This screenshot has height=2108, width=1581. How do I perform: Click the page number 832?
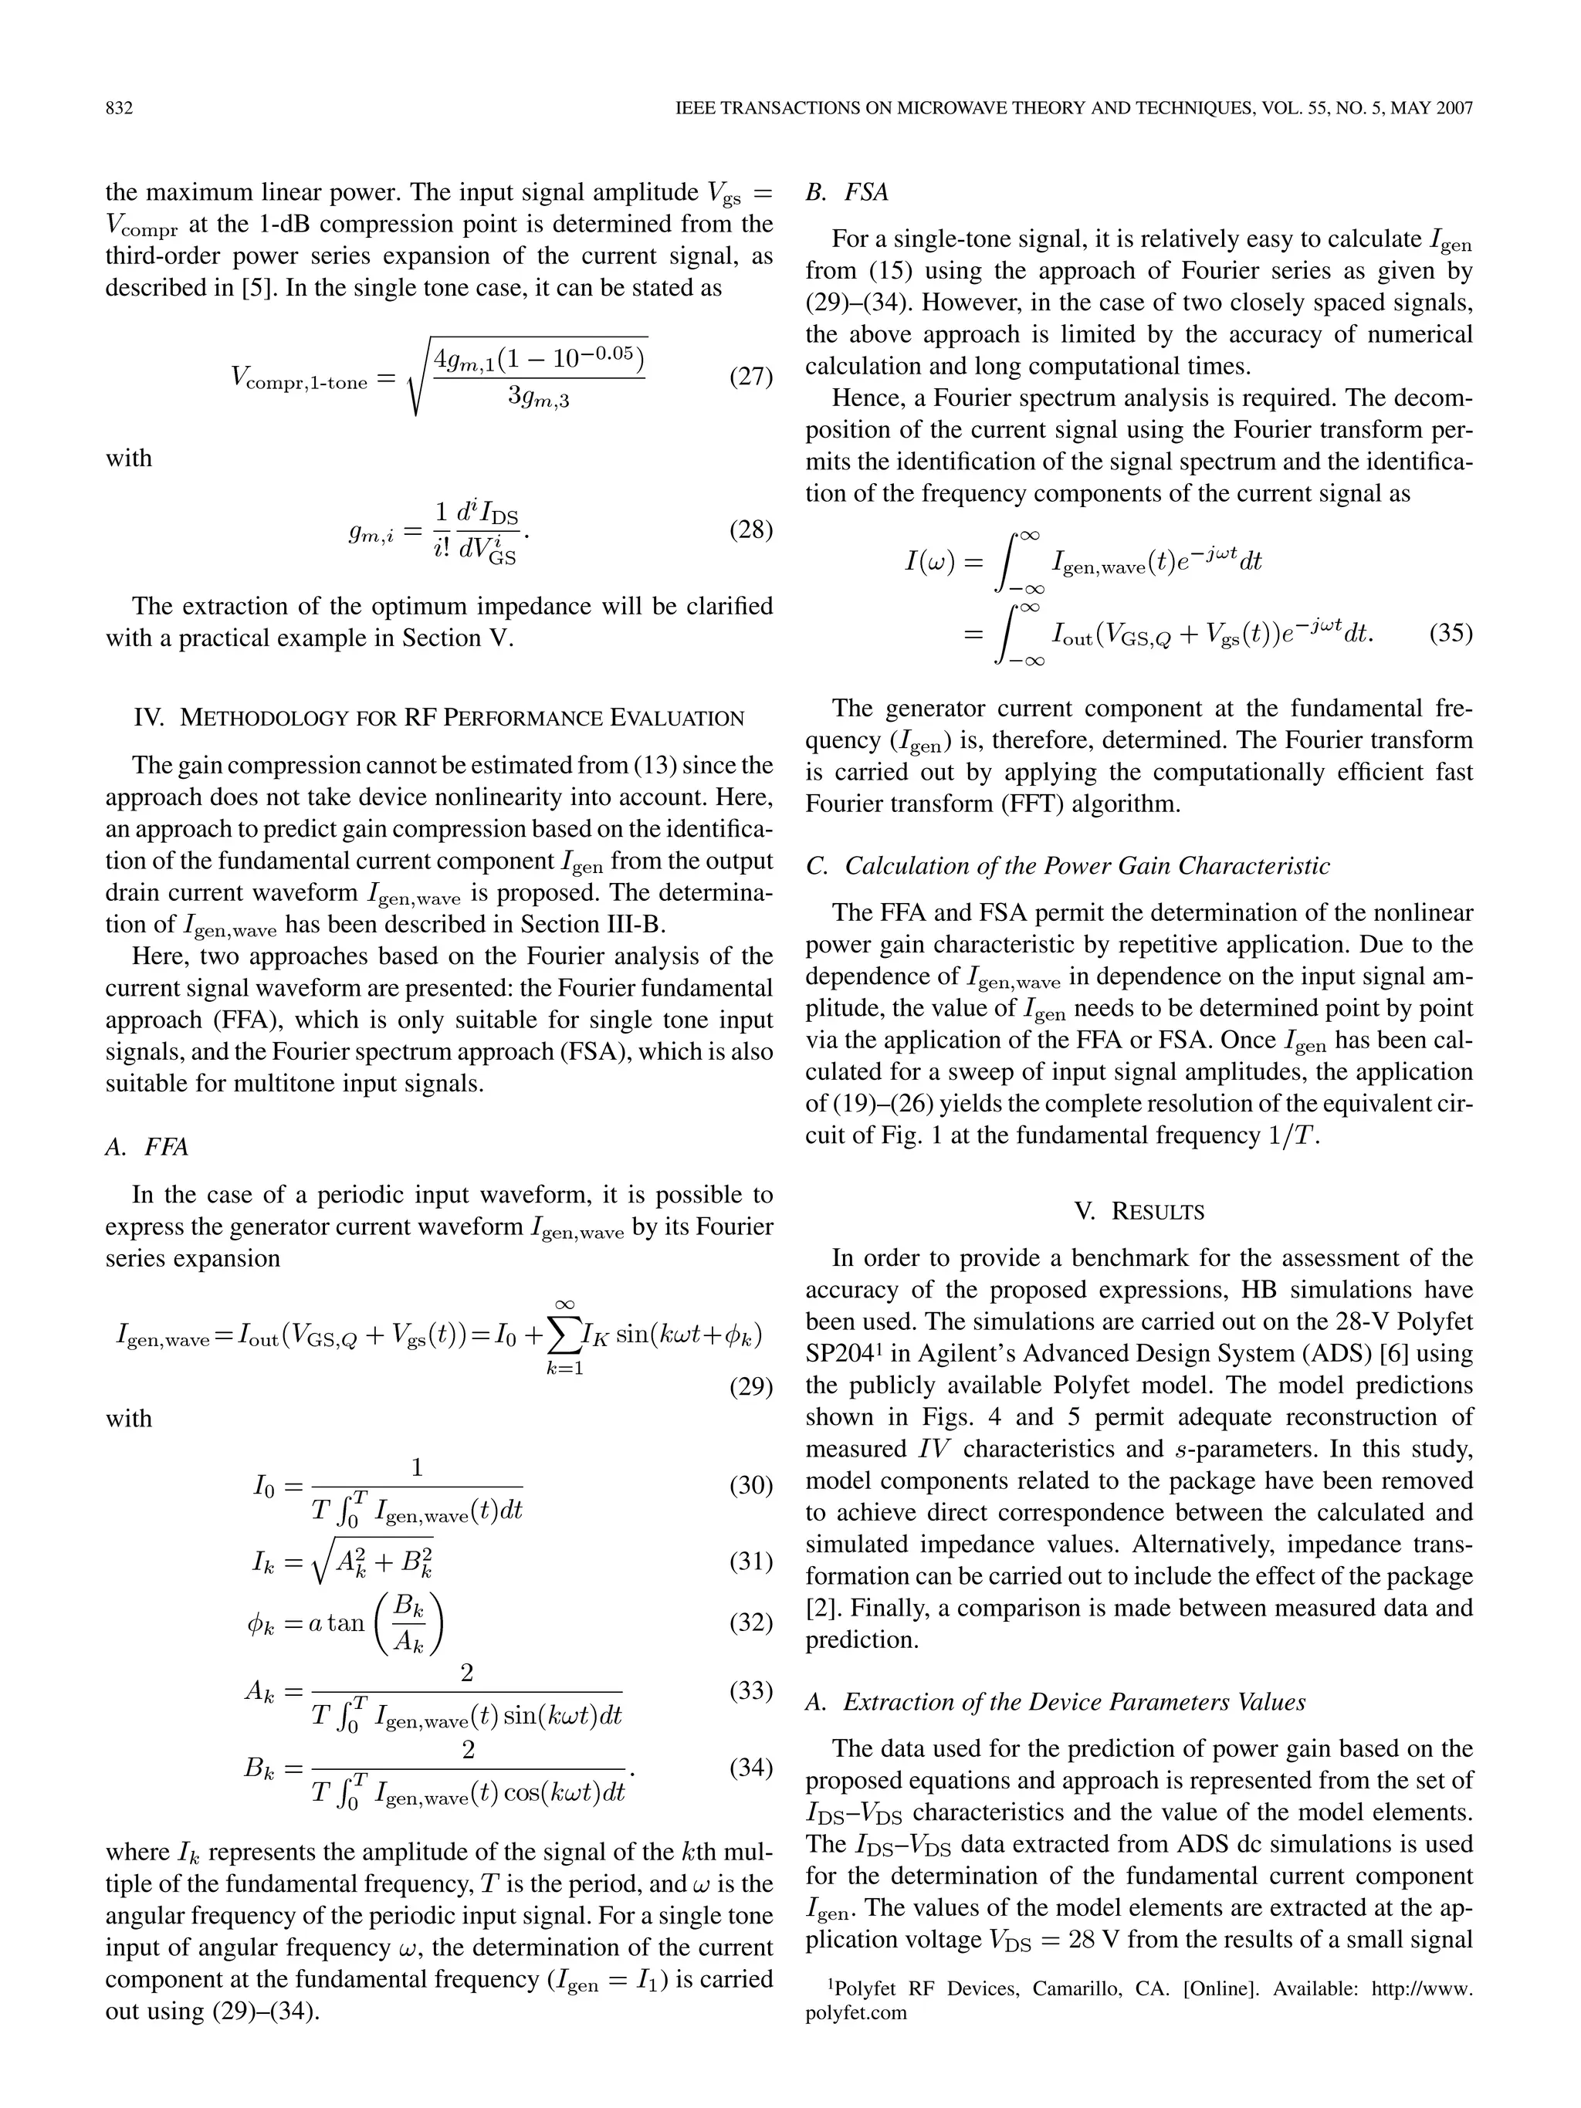(118, 109)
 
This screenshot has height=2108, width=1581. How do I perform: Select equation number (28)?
(751, 530)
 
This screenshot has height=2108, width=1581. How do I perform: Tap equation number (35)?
(1451, 633)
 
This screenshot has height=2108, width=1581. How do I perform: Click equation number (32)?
(751, 1622)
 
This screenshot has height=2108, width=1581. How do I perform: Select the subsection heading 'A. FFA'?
(147, 1146)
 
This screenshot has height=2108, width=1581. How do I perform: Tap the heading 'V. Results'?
(1139, 1211)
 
